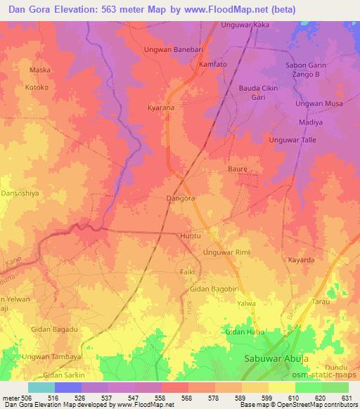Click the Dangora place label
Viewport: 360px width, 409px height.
click(179, 199)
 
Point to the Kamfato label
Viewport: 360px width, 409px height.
click(212, 64)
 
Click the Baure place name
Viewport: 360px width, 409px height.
click(238, 169)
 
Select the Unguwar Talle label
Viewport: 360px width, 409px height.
click(290, 140)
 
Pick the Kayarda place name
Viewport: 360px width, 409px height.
click(301, 260)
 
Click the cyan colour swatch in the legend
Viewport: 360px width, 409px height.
click(41, 387)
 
